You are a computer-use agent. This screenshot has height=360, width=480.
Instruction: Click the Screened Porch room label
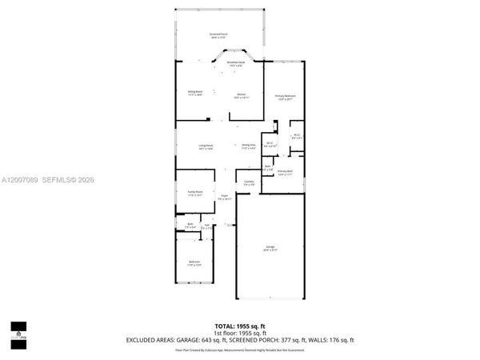coord(218,35)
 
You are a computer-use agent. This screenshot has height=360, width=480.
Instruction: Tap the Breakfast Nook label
coord(236,63)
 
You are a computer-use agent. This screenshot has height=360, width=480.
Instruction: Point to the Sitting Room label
coord(194,93)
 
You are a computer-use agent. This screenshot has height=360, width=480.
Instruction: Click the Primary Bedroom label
coord(285,98)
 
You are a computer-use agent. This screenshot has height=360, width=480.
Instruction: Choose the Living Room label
coord(206,146)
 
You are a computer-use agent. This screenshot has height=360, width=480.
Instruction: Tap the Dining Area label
coord(249,146)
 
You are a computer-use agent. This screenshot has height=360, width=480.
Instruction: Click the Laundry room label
coord(249,182)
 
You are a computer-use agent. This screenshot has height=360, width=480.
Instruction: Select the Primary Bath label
coord(285,172)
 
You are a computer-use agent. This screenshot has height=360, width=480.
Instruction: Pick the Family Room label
coord(194,194)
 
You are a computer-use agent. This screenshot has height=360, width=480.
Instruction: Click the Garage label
coord(272,248)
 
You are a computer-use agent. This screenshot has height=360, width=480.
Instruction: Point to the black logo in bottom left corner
coord(18,330)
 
